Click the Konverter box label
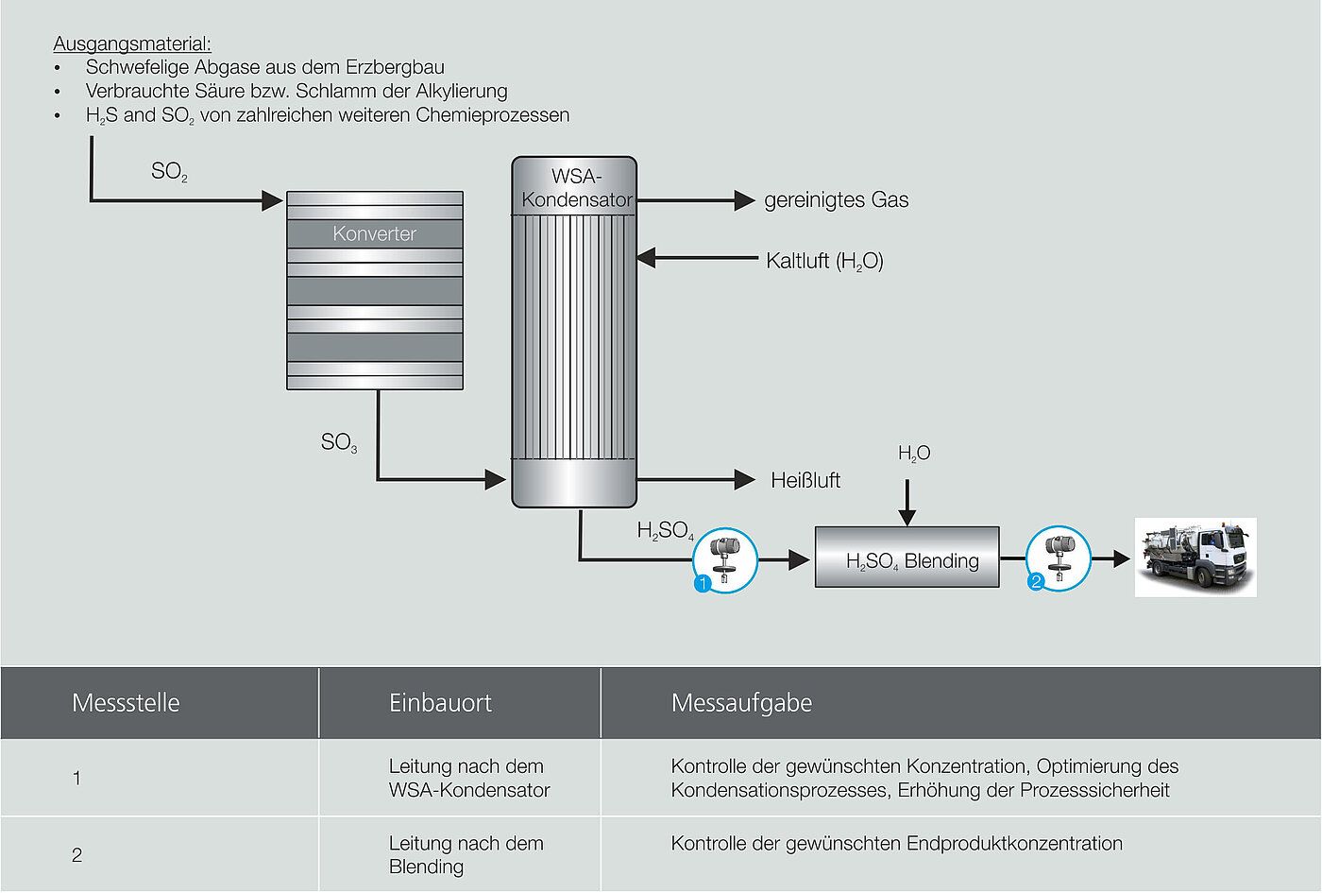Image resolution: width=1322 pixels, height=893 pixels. (x=374, y=233)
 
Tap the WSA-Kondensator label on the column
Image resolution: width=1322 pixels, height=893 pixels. (x=576, y=187)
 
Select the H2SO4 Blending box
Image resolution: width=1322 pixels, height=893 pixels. (x=907, y=559)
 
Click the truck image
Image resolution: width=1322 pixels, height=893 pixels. (x=1195, y=558)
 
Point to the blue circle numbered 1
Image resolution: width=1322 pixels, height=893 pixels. (x=702, y=585)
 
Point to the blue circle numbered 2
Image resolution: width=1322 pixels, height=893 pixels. (x=1035, y=583)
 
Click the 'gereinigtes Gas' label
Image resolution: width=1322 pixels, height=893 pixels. (x=836, y=200)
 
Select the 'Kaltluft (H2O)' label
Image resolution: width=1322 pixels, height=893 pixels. (x=824, y=261)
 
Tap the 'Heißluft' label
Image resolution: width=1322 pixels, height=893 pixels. (x=805, y=480)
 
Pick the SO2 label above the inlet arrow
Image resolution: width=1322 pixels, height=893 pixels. (x=169, y=172)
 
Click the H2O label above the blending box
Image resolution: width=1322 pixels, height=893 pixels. (x=913, y=454)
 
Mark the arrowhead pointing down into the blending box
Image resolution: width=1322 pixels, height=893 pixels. (x=907, y=517)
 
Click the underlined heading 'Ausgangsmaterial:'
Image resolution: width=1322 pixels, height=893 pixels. (x=132, y=43)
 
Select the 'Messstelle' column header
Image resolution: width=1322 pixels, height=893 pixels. (x=126, y=703)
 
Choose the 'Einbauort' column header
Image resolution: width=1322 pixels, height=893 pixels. (x=440, y=703)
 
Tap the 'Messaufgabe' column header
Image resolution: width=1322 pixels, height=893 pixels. (x=741, y=703)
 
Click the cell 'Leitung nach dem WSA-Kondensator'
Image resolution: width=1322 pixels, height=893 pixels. (x=468, y=778)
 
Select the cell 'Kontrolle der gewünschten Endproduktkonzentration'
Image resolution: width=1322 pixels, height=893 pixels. (x=896, y=843)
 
